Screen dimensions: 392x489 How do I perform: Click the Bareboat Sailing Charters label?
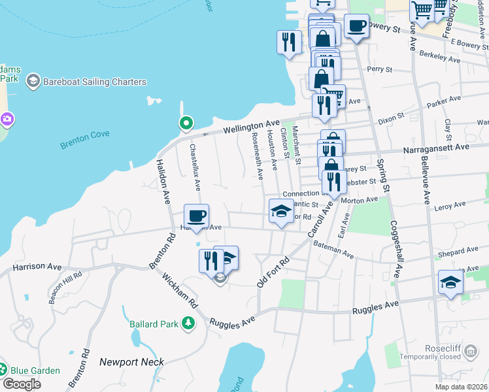[95, 82]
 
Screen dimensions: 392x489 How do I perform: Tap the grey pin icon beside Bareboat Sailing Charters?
[33, 81]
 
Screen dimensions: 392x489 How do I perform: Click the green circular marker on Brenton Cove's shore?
[186, 123]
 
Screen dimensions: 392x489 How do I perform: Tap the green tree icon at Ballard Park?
[188, 323]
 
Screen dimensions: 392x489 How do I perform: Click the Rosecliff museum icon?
[470, 352]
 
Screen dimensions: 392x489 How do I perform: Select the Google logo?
[21, 384]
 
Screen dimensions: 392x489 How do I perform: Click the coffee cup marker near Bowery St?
[356, 26]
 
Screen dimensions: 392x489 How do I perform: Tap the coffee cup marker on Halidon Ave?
[196, 215]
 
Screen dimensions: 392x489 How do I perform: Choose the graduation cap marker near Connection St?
[281, 211]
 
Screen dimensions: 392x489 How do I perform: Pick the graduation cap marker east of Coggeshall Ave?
[450, 282]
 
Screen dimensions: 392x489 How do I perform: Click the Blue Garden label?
[37, 370]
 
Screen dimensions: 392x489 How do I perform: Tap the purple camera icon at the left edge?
[7, 120]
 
